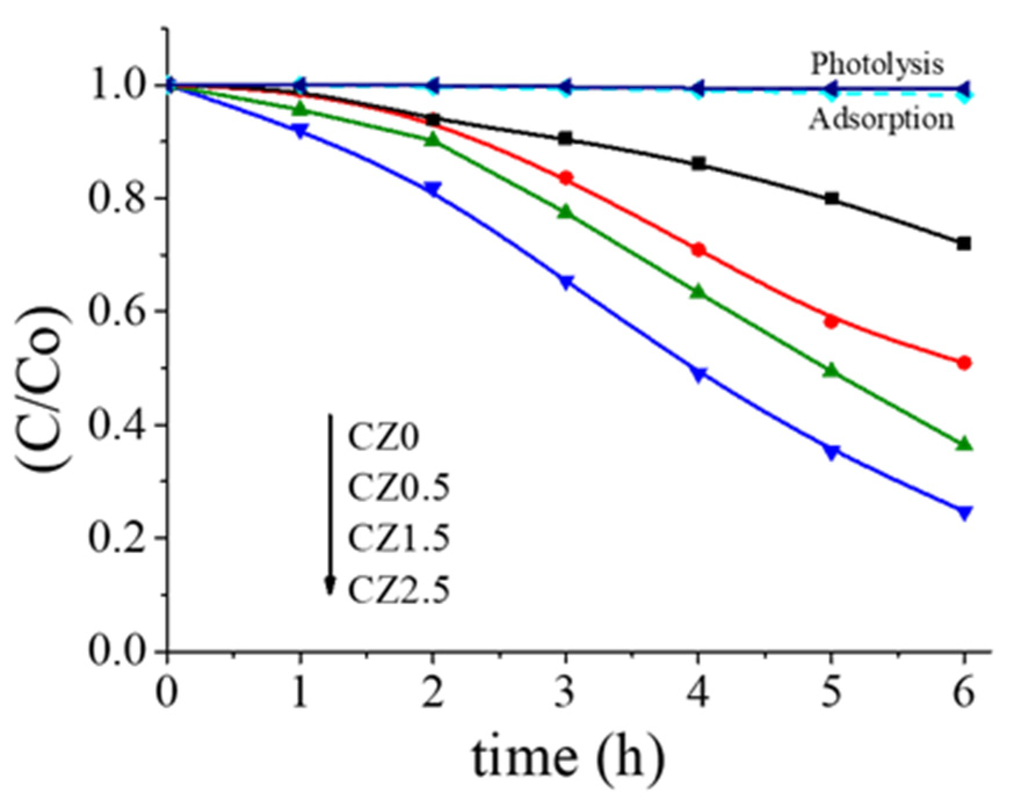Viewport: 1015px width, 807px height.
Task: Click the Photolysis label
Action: pyautogui.click(x=877, y=64)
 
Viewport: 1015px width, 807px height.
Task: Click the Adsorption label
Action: pyautogui.click(x=881, y=119)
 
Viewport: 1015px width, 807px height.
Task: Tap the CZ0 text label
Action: pyautogui.click(x=383, y=437)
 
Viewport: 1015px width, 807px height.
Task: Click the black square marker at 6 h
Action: pyautogui.click(x=963, y=243)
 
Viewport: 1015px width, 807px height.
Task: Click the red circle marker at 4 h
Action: pyautogui.click(x=698, y=250)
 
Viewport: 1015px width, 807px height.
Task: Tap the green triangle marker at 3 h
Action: pyautogui.click(x=565, y=212)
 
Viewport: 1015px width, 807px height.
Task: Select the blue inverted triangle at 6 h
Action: pyautogui.click(x=964, y=512)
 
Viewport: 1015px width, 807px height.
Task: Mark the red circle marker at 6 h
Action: pyautogui.click(x=964, y=363)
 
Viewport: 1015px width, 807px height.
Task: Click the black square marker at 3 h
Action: pyautogui.click(x=565, y=138)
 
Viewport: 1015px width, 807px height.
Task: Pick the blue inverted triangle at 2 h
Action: pyautogui.click(x=433, y=189)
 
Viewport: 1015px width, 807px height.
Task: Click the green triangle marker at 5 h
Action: pyautogui.click(x=831, y=370)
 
